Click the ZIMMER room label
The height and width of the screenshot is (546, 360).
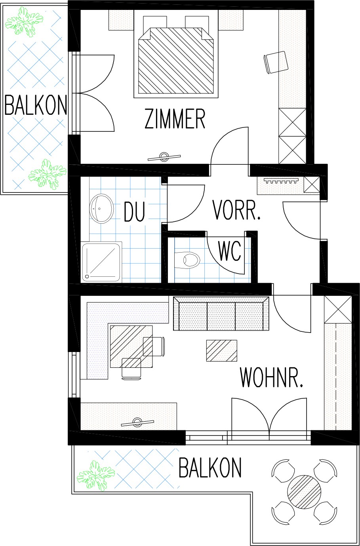[x=175, y=119]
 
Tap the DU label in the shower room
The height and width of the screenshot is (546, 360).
[x=134, y=211]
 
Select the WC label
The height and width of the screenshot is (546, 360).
[x=230, y=251]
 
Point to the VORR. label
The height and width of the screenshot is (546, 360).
[x=236, y=209]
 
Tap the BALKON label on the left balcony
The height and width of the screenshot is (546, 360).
[x=36, y=105]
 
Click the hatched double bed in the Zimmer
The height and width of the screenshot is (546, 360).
[x=175, y=61]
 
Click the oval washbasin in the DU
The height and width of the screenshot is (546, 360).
[x=102, y=208]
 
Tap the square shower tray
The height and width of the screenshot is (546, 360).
[x=102, y=262]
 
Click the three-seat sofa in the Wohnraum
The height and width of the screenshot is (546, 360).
[x=221, y=314]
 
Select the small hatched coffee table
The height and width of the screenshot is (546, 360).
[x=221, y=350]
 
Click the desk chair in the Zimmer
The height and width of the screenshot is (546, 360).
[x=276, y=62]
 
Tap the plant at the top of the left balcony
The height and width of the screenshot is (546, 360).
[x=24, y=22]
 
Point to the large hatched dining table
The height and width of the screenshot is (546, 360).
[x=131, y=346]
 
